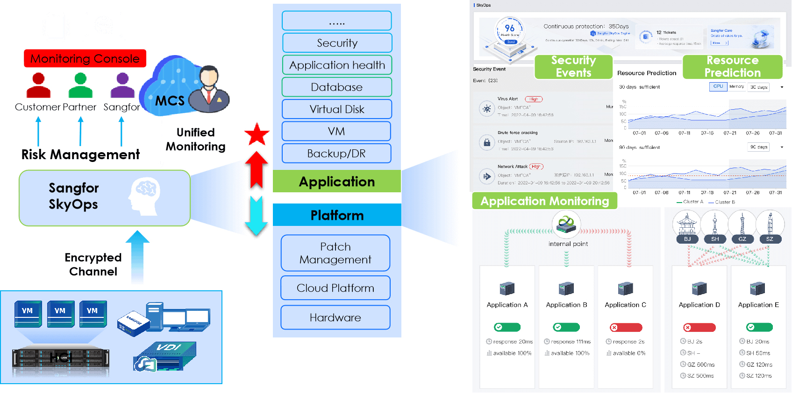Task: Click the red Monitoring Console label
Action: pyautogui.click(x=85, y=58)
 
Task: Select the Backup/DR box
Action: pyautogui.click(x=336, y=154)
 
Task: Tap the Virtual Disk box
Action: pyautogui.click(x=336, y=109)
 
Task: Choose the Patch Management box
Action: pyautogui.click(x=335, y=253)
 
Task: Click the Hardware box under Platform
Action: pyautogui.click(x=335, y=317)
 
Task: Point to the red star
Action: pyautogui.click(x=257, y=134)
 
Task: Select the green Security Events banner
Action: pyautogui.click(x=573, y=67)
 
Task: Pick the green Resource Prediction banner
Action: pyautogui.click(x=732, y=67)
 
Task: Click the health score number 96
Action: pyautogui.click(x=510, y=28)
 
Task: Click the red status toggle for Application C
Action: pyautogui.click(x=626, y=327)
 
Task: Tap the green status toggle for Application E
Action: pyautogui.click(x=759, y=327)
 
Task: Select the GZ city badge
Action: pyautogui.click(x=742, y=239)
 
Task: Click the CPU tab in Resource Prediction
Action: pyautogui.click(x=718, y=86)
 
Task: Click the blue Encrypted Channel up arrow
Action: pyautogui.click(x=137, y=257)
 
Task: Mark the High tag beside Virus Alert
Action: pyautogui.click(x=534, y=99)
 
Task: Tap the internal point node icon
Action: pyautogui.click(x=566, y=223)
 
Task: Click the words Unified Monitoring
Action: pyautogui.click(x=195, y=140)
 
